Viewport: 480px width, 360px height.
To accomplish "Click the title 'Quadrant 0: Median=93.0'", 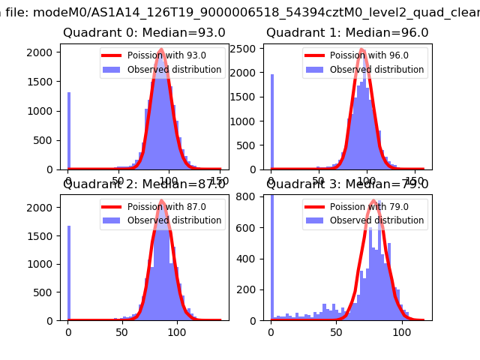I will [144, 33].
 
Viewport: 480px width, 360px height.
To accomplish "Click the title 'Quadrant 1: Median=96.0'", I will [347, 33].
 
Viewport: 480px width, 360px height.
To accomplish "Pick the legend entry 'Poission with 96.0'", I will [368, 55].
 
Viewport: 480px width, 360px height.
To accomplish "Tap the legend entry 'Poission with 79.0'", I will [368, 206].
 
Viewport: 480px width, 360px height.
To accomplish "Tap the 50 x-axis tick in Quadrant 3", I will [337, 331].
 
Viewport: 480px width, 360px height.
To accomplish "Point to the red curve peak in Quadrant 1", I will [361, 49].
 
